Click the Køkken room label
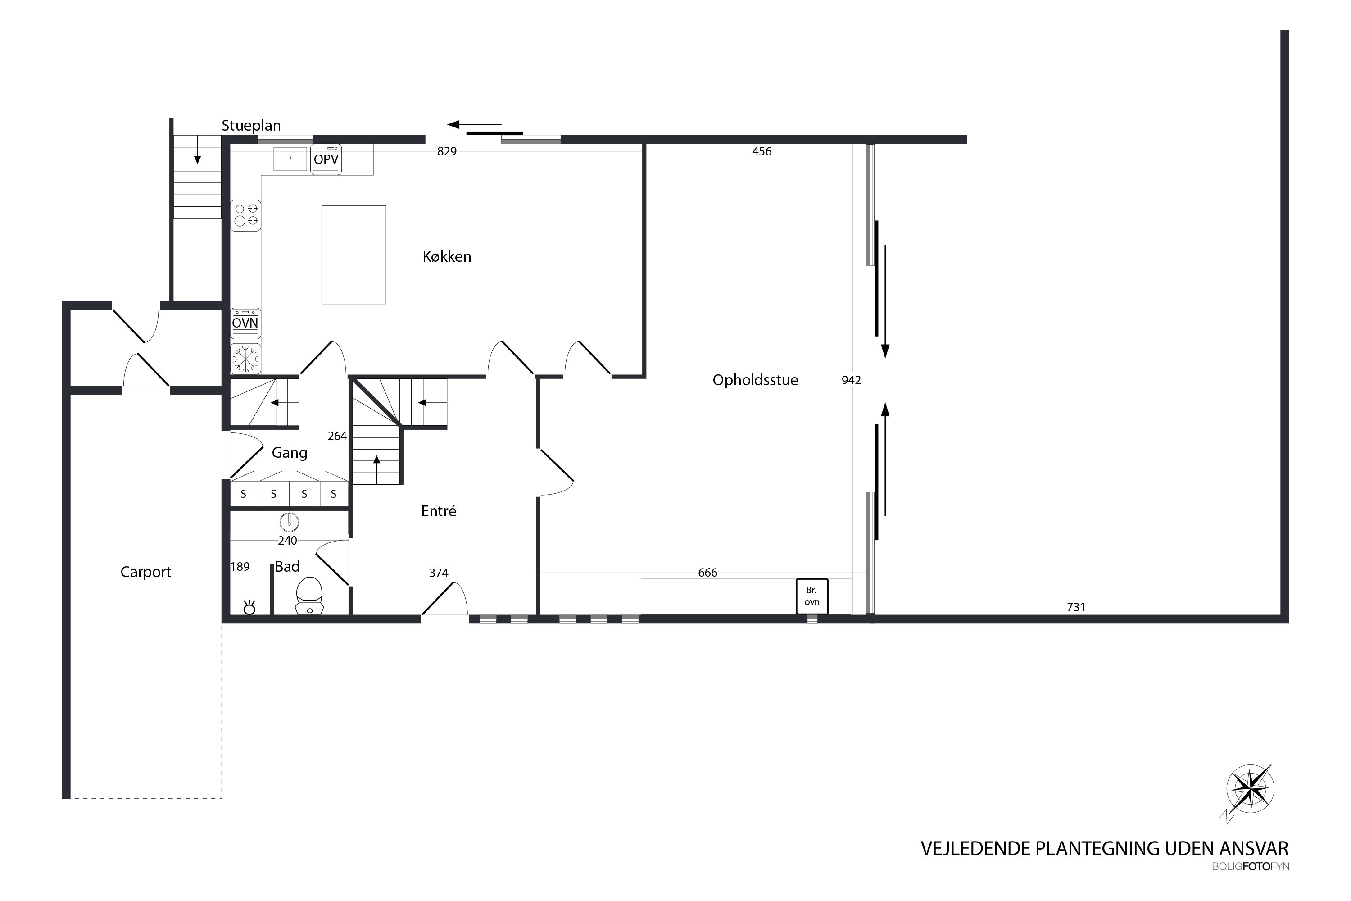tap(447, 256)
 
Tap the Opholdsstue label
tap(755, 380)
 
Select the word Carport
tap(145, 572)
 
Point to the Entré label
tap(439, 511)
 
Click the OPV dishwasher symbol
tap(326, 159)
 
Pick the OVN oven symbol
tap(245, 323)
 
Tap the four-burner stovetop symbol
tap(246, 215)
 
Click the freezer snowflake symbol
tap(246, 359)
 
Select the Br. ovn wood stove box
tap(812, 596)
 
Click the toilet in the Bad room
tap(310, 595)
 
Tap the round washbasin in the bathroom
tap(290, 522)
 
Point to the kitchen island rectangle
tap(354, 255)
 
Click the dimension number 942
tap(851, 380)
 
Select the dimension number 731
tap(1076, 607)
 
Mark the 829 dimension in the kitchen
tap(447, 151)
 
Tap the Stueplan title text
tap(251, 126)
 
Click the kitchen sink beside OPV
tap(290, 159)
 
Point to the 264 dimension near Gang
tap(337, 436)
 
